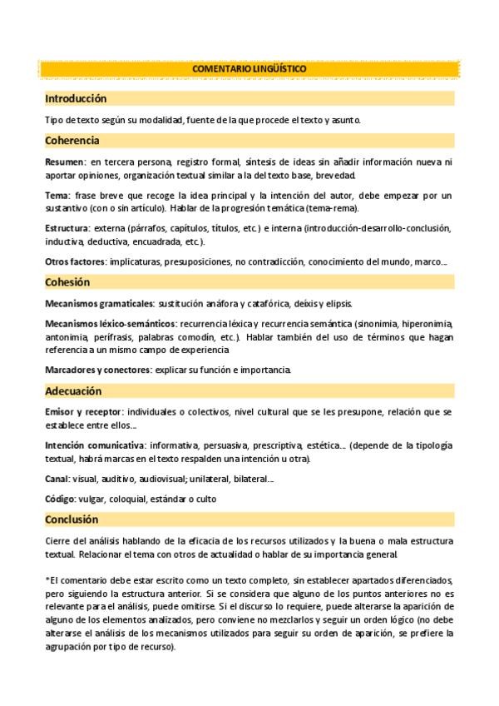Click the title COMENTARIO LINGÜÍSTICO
point(249,68)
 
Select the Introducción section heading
point(76,98)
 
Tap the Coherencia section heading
point(72,141)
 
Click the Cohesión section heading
point(67,282)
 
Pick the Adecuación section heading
point(73,391)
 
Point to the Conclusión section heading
point(72,520)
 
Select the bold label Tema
point(57,196)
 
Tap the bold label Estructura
point(67,227)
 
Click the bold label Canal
point(57,479)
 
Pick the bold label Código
point(60,499)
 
